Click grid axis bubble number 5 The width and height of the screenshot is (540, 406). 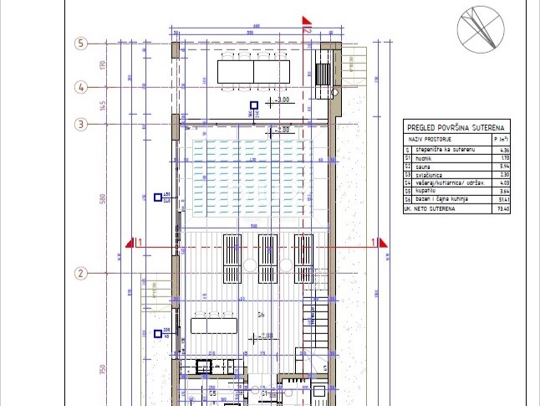pyautogui.click(x=81, y=44)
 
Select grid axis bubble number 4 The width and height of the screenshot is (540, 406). pyautogui.click(x=81, y=86)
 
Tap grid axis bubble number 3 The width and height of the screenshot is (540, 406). pyautogui.click(x=81, y=125)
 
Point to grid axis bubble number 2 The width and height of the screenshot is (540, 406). pyautogui.click(x=81, y=273)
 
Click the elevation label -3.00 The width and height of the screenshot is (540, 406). pyautogui.click(x=283, y=100)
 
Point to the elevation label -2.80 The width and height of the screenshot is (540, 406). pyautogui.click(x=283, y=130)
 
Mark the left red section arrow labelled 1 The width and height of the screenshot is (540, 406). pyautogui.click(x=132, y=243)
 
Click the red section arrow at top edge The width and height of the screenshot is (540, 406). pyautogui.click(x=307, y=23)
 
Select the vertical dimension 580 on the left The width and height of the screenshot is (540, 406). pyautogui.click(x=103, y=198)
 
